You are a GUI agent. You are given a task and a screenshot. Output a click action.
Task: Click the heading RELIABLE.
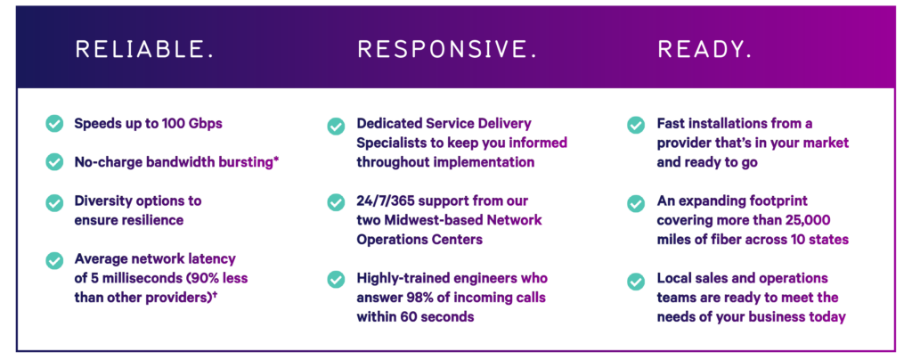click(x=144, y=50)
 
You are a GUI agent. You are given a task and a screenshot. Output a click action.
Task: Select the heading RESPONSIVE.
click(x=447, y=50)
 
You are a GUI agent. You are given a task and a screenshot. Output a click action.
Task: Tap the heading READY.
click(x=704, y=50)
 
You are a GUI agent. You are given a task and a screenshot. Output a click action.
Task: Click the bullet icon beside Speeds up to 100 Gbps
click(x=54, y=124)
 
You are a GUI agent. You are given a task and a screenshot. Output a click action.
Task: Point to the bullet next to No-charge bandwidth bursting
click(x=54, y=162)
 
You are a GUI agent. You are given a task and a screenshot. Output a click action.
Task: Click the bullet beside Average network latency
click(x=54, y=259)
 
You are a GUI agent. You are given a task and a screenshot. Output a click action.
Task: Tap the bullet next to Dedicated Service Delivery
click(x=336, y=126)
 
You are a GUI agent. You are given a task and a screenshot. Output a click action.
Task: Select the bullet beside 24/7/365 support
click(x=336, y=202)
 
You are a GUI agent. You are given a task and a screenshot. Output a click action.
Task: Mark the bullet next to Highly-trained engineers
click(x=336, y=280)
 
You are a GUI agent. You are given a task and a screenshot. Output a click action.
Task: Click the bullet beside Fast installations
click(x=635, y=126)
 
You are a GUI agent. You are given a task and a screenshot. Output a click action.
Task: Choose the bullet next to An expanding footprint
click(x=635, y=202)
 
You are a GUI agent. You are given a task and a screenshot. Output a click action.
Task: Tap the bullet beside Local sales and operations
click(x=635, y=280)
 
